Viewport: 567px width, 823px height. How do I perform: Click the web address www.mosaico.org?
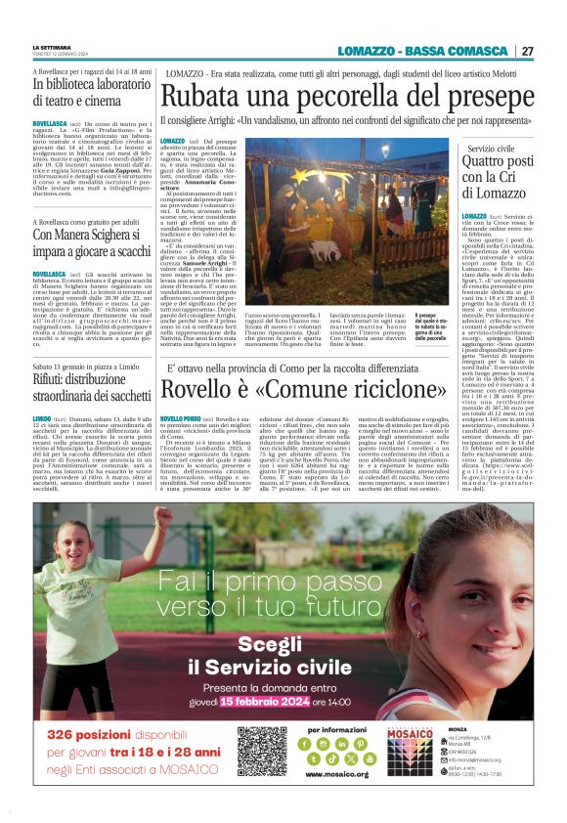tap(336, 774)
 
